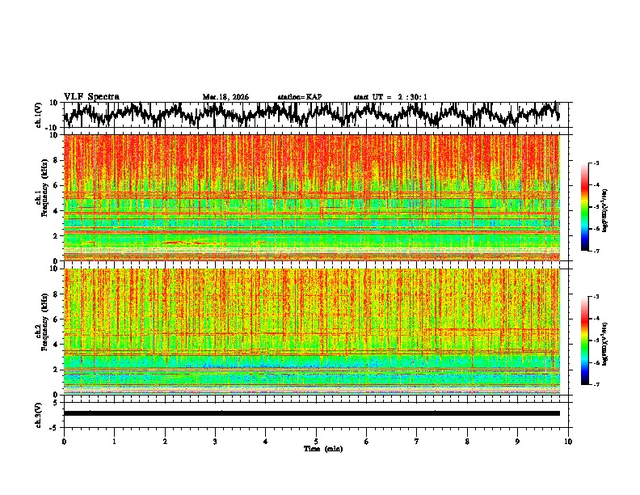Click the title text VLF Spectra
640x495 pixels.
[91, 97]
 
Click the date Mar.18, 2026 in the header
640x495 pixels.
[225, 97]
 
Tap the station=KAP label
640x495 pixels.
[300, 97]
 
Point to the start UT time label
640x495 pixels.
[390, 97]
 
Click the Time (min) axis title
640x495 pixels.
[316, 448]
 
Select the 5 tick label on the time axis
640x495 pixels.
[316, 441]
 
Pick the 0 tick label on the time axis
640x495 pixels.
[64, 441]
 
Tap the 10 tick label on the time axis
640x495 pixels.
[568, 441]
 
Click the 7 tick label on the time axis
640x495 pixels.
[417, 441]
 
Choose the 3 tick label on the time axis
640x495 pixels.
[215, 441]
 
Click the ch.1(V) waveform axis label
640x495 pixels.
[39, 115]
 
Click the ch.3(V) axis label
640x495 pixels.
[39, 413]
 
